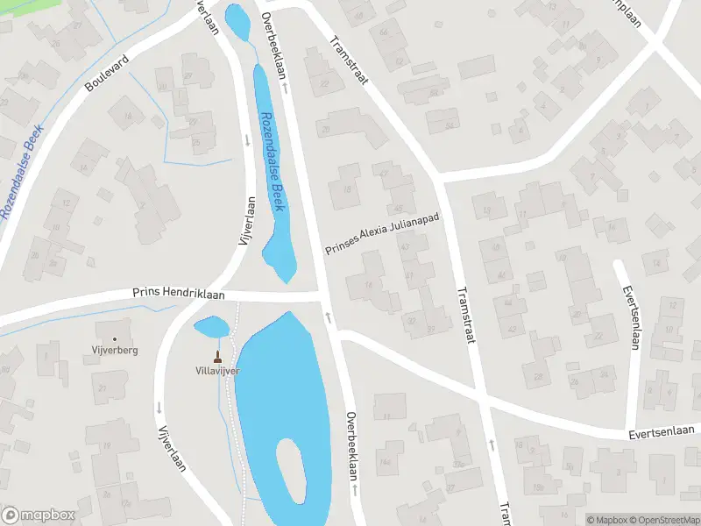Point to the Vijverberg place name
click(x=115, y=350)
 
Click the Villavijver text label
click(x=217, y=371)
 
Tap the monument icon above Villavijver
click(x=217, y=357)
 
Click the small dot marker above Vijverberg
click(x=115, y=338)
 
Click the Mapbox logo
click(x=39, y=515)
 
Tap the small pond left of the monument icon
click(x=211, y=328)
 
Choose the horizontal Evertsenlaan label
click(x=661, y=431)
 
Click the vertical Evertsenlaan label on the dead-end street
click(x=628, y=316)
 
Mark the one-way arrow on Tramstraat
click(x=491, y=444)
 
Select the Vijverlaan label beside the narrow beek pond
click(x=247, y=219)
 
